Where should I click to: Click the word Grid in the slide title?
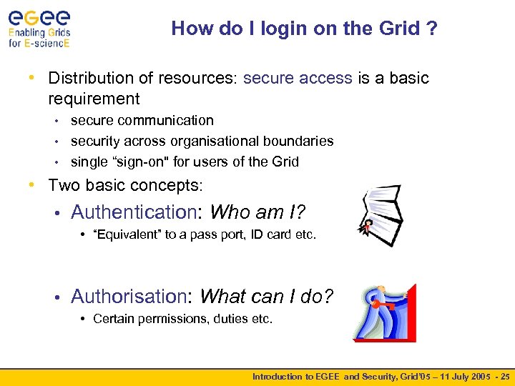[x=401, y=29]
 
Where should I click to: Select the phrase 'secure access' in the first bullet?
[x=298, y=78]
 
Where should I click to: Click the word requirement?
[x=94, y=99]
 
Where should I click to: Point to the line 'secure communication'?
[x=142, y=121]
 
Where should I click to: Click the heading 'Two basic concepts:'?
[x=125, y=186]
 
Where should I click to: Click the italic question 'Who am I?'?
[x=257, y=212]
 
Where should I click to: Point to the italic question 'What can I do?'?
[x=266, y=296]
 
